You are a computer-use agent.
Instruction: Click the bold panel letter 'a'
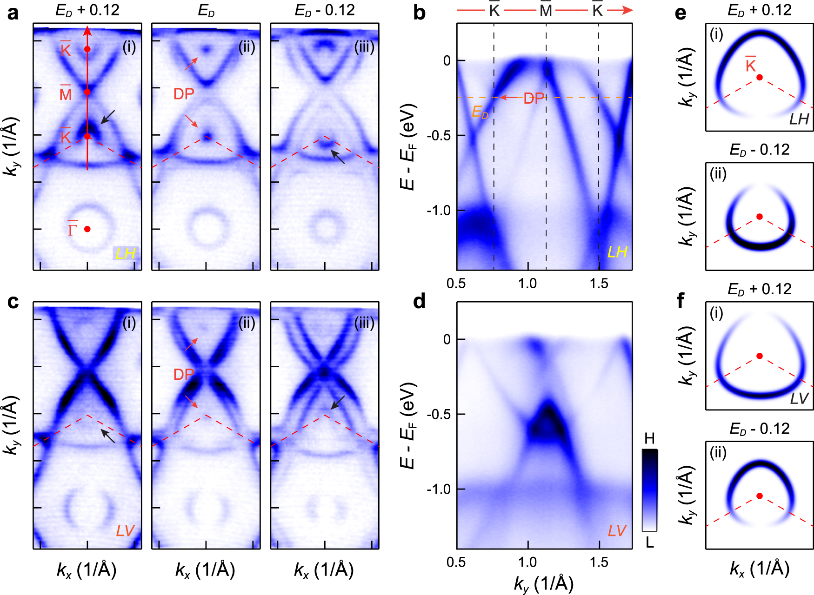(x=13, y=13)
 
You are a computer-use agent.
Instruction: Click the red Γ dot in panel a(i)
(x=87, y=229)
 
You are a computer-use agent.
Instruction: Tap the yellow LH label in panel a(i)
(x=125, y=253)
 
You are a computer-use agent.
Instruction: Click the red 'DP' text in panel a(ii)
(x=184, y=94)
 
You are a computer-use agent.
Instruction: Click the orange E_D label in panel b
(x=480, y=112)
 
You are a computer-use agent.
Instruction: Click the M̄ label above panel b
(x=546, y=10)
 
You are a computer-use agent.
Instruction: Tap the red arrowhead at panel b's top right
(x=627, y=10)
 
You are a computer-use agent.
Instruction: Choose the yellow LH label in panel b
(x=617, y=252)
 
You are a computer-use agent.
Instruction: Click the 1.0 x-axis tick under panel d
(x=527, y=562)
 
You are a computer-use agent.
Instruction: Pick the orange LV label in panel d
(x=617, y=531)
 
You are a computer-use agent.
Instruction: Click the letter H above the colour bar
(x=650, y=438)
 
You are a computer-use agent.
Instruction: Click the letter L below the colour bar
(x=650, y=542)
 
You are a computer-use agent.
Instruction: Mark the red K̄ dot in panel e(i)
(x=760, y=77)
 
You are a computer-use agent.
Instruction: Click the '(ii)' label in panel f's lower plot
(x=718, y=453)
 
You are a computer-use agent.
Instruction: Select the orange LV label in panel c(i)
(x=125, y=531)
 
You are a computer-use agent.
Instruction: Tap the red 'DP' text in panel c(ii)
(x=184, y=374)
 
